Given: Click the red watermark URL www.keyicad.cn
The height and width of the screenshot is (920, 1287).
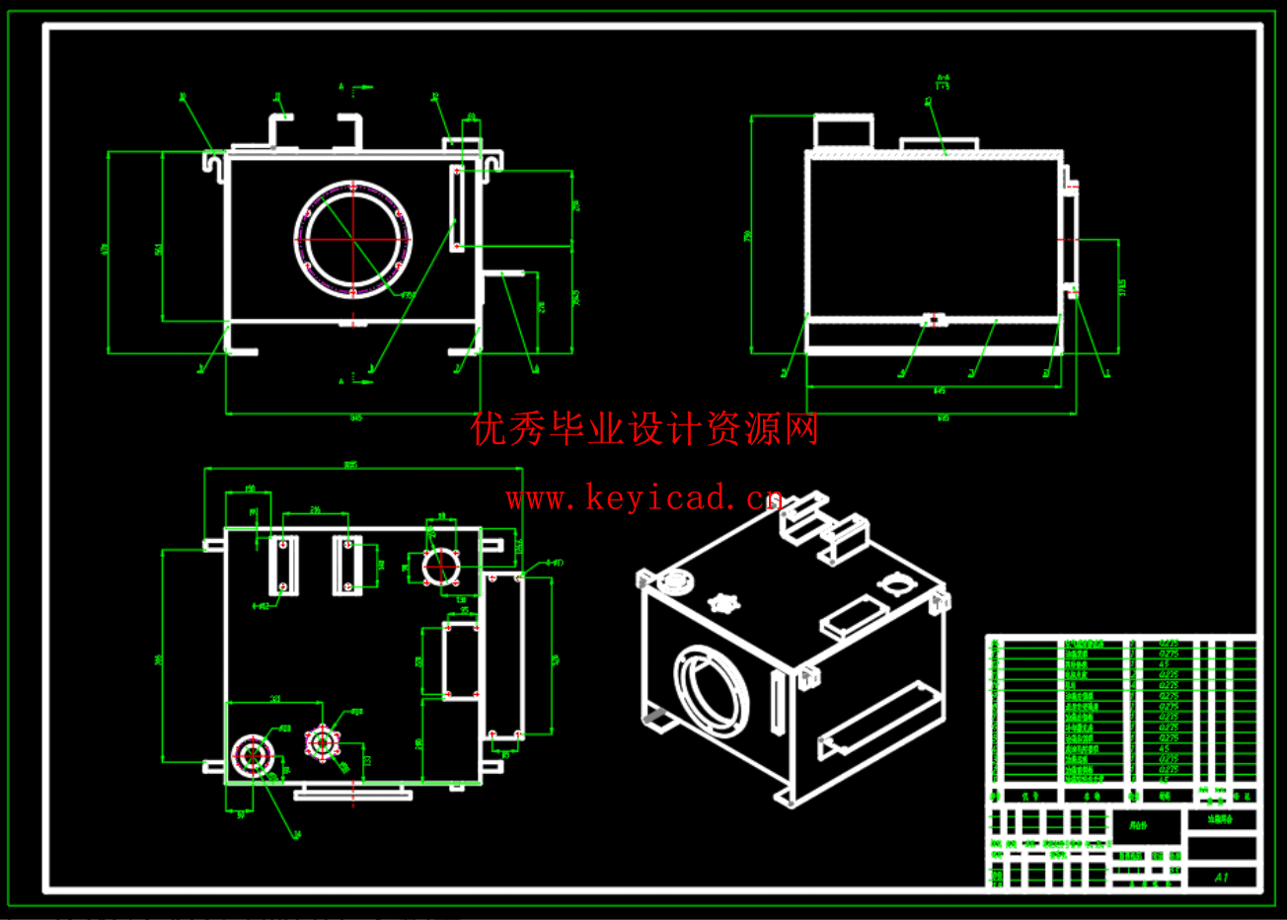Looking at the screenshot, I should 643,498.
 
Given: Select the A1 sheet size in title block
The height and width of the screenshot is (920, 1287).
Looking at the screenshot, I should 1221,877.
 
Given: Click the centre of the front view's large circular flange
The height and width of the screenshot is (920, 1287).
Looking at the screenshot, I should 352,238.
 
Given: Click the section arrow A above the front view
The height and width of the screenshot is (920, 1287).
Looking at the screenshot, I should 341,87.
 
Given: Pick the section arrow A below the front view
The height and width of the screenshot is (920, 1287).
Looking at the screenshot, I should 341,380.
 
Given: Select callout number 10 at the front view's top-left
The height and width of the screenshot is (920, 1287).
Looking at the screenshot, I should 184,97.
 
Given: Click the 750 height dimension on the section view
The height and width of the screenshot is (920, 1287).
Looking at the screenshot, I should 747,236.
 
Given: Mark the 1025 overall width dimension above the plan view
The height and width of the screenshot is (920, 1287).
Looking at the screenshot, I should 349,465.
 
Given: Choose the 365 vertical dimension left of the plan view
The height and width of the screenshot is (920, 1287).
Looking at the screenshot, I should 159,658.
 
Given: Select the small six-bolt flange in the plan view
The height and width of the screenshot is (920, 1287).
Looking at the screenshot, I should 322,741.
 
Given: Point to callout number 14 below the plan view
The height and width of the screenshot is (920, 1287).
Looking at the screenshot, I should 296,835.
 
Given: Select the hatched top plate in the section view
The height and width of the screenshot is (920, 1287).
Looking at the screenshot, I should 934,155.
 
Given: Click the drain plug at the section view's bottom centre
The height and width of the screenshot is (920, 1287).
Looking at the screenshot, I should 934,320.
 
